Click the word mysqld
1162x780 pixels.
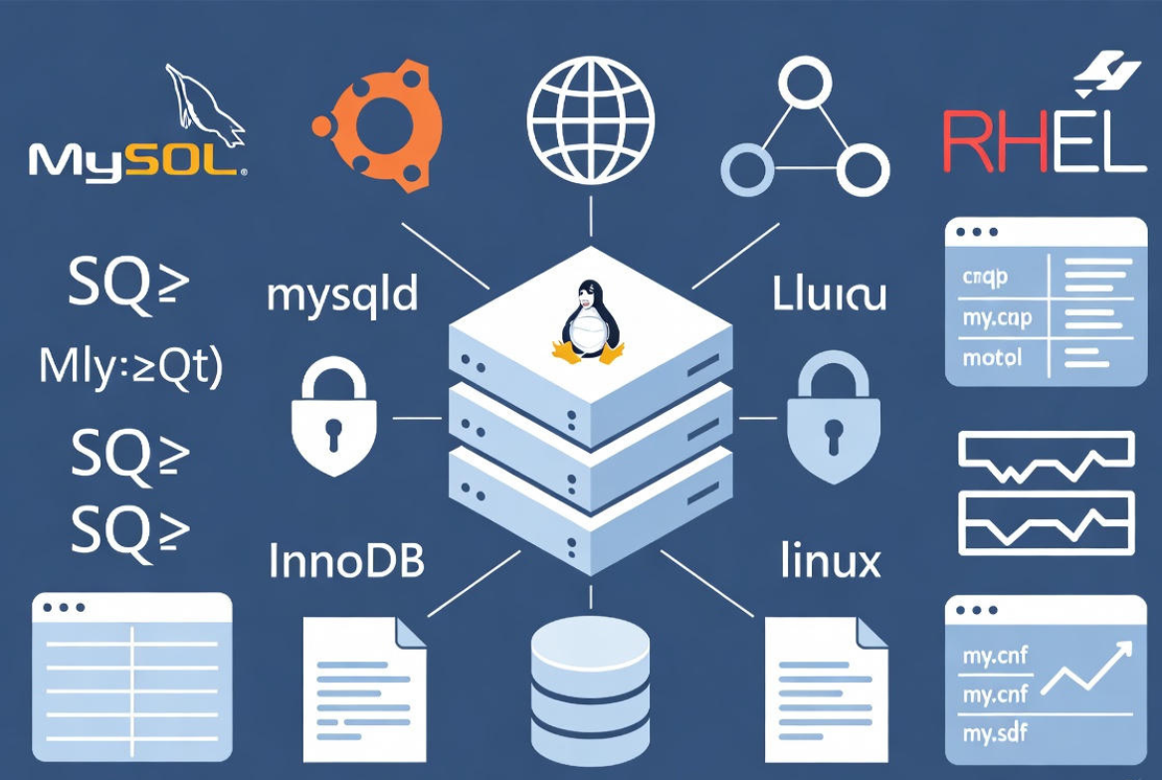[343, 295]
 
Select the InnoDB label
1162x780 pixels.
[347, 561]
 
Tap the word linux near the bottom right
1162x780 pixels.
[831, 560]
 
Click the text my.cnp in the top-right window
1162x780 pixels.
[996, 318]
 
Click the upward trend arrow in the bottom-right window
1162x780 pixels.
[1086, 667]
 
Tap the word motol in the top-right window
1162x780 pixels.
[992, 357]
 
